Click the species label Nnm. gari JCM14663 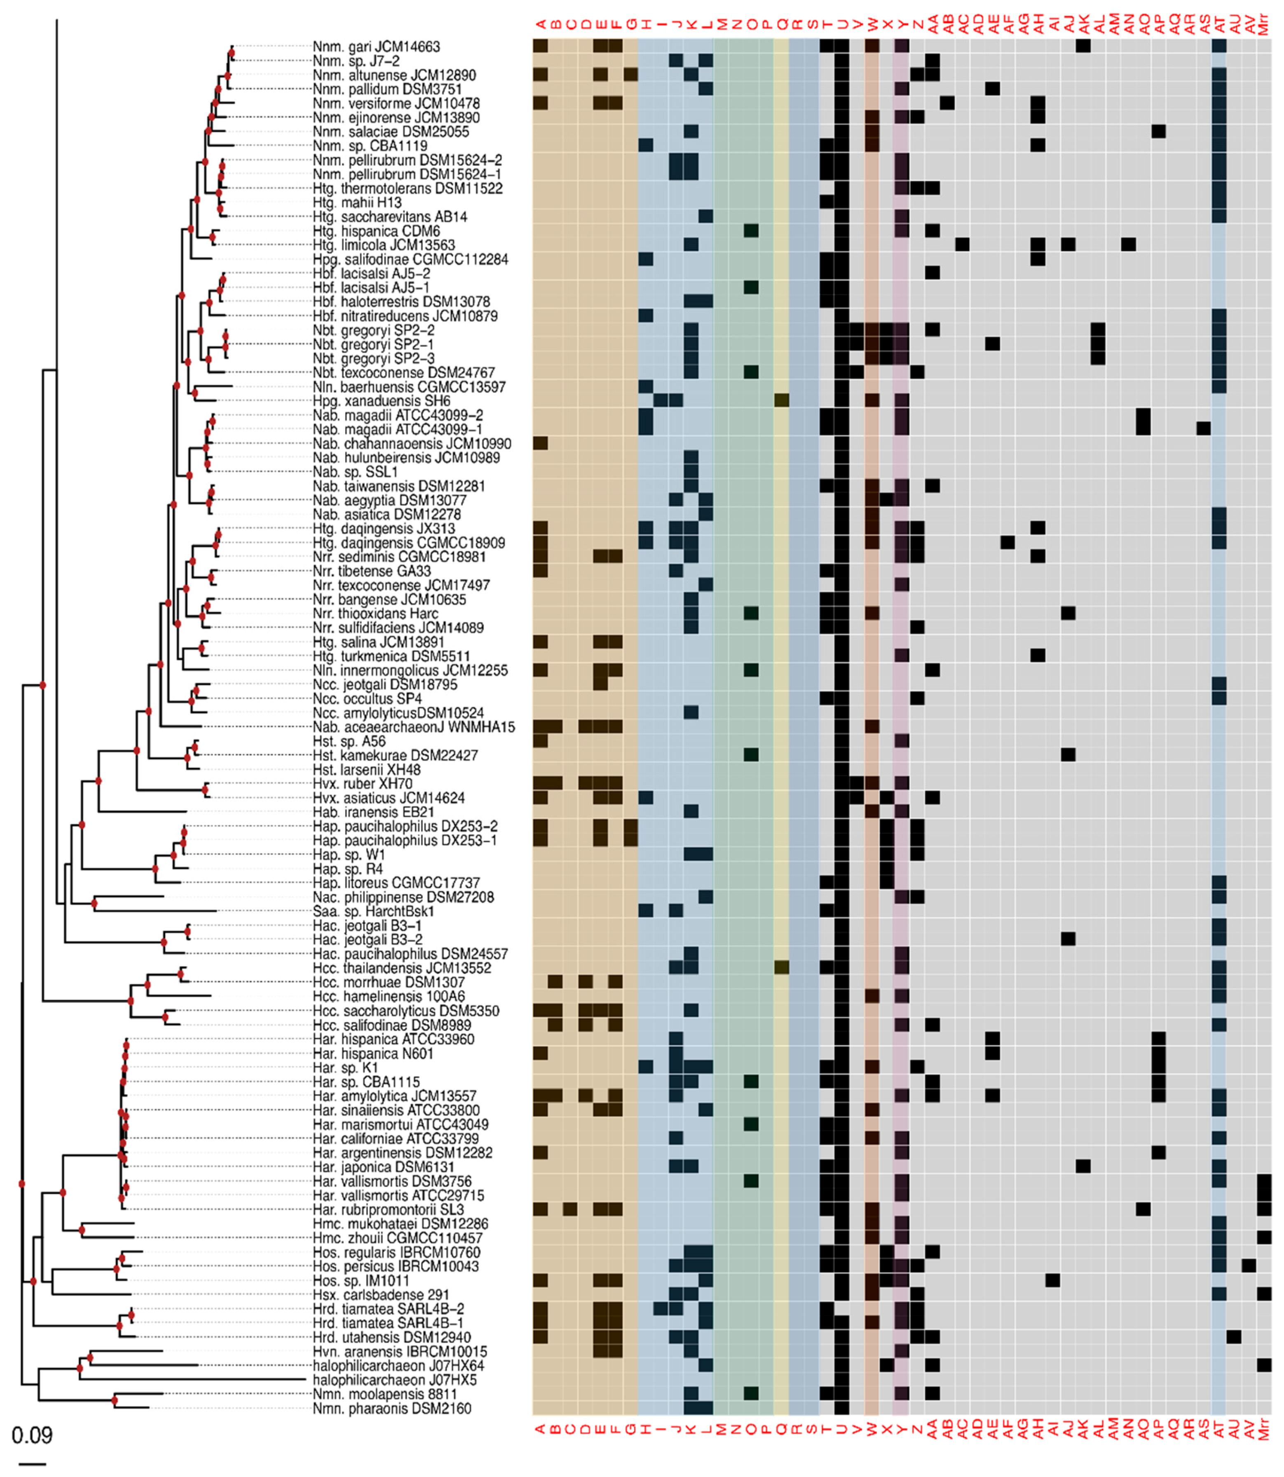376,47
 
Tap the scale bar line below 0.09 32,1463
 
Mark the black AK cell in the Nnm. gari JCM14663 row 1083,46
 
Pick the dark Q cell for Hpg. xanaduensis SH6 782,400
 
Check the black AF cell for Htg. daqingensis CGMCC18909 1008,542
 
